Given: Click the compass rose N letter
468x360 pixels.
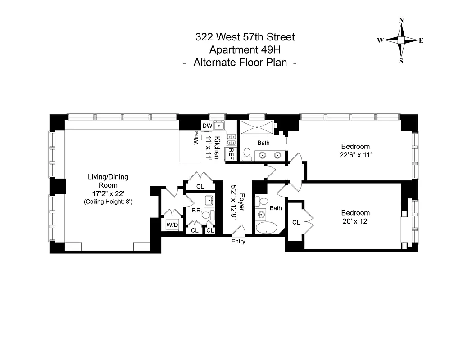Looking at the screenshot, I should tap(401, 20).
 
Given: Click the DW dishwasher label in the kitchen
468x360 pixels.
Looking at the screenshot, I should tap(207, 126).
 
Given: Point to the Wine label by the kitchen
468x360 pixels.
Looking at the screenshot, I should tap(196, 138).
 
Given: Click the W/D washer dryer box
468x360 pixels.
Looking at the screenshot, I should tap(172, 224).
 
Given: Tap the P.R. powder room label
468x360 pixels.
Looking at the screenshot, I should tap(196, 210).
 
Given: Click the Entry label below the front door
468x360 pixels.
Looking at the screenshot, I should tap(238, 242).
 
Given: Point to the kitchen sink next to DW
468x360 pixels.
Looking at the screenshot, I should tap(219, 126).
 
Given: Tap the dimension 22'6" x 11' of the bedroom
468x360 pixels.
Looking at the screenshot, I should tap(355, 155).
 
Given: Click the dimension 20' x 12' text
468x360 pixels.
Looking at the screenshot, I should tap(355, 221).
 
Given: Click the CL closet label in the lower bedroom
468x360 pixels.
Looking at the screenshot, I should tap(296, 222).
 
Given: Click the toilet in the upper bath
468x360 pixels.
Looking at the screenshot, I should tap(247, 155).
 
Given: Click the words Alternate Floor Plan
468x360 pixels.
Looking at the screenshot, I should tap(240, 63).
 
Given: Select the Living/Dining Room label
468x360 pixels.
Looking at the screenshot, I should tap(108, 181).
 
